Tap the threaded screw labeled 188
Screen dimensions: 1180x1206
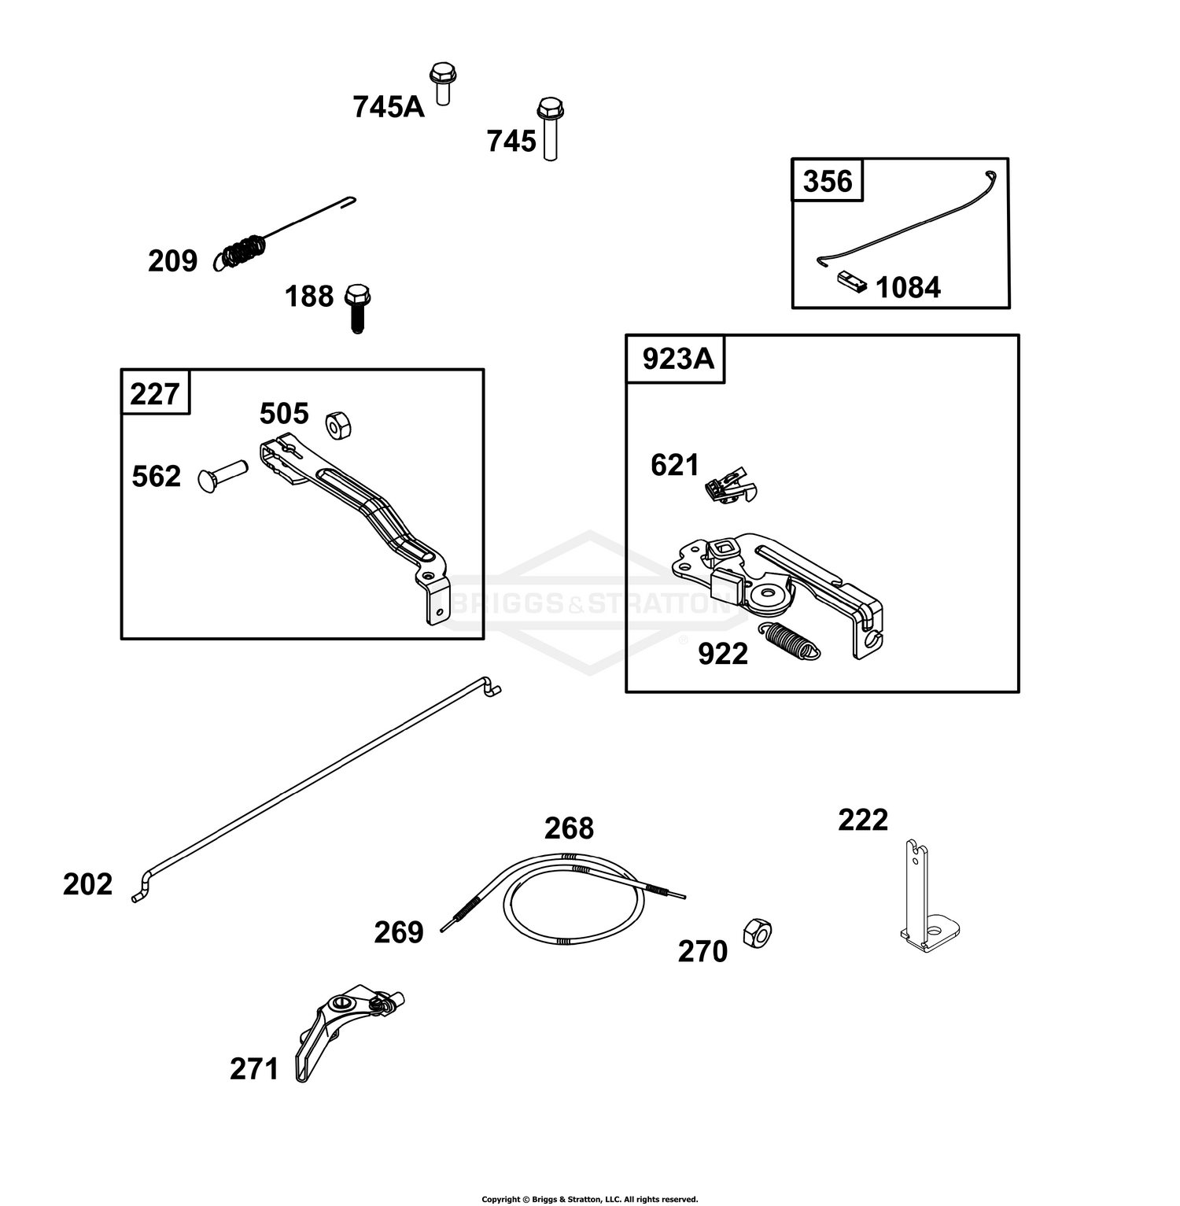(357, 308)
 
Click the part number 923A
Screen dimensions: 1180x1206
(678, 359)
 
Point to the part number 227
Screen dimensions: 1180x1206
(155, 393)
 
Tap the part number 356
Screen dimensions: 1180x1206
(828, 182)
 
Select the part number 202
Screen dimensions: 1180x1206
(88, 884)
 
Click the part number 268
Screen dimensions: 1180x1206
(570, 828)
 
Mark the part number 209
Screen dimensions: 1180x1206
(173, 261)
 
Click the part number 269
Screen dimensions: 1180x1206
(399, 932)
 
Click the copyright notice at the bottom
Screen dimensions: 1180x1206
(590, 1199)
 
